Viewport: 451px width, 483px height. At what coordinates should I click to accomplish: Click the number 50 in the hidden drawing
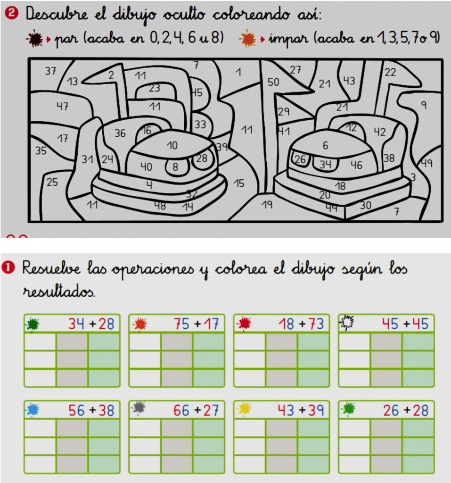273,82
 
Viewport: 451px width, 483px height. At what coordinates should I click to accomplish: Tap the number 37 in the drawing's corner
51,71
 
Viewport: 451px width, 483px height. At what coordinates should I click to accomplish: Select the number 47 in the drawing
62,106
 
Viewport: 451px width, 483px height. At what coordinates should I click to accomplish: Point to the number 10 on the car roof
172,145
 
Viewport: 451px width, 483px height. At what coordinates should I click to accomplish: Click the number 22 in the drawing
390,72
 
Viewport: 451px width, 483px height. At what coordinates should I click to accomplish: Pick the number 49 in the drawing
426,163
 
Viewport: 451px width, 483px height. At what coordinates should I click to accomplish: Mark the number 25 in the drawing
52,182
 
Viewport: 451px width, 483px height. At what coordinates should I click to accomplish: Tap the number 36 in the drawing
120,133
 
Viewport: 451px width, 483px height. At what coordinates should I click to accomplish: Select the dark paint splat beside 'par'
34,39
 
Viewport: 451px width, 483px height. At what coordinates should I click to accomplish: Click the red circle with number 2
12,13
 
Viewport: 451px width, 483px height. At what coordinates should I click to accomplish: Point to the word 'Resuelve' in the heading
51,268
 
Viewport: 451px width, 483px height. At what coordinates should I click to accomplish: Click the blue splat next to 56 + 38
33,410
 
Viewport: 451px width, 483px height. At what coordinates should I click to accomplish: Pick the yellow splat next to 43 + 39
244,409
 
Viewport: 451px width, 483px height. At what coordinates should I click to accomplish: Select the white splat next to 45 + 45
347,323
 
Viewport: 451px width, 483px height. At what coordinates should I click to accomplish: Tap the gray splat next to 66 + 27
138,408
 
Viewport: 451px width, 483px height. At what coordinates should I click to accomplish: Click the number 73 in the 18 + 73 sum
316,324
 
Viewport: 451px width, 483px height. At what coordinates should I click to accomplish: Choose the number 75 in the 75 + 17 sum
181,324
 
